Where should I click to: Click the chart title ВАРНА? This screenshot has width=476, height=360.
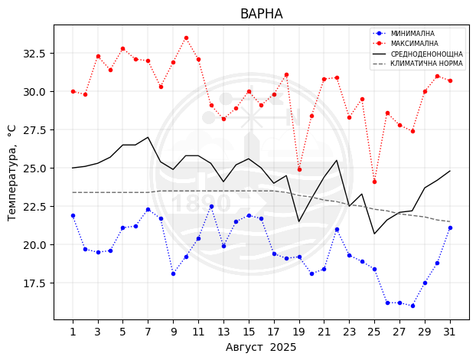(x=261, y=14)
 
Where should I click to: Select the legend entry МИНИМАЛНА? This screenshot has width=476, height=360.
(x=412, y=34)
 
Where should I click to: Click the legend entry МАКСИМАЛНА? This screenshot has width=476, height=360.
(x=414, y=44)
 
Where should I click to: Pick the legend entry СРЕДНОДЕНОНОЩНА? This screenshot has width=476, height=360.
(x=426, y=54)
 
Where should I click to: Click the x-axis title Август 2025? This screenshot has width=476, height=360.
(x=261, y=347)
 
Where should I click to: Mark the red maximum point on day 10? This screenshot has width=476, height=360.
(x=186, y=38)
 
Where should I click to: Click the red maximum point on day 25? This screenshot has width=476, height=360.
(x=374, y=182)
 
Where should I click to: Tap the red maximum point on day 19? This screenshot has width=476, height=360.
(x=299, y=169)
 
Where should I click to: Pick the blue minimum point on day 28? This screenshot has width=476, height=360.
(x=412, y=306)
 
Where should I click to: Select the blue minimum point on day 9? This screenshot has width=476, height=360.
(x=173, y=273)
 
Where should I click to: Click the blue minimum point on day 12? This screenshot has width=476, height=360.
(x=211, y=206)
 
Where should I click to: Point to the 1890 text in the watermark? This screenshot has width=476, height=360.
(x=201, y=203)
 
